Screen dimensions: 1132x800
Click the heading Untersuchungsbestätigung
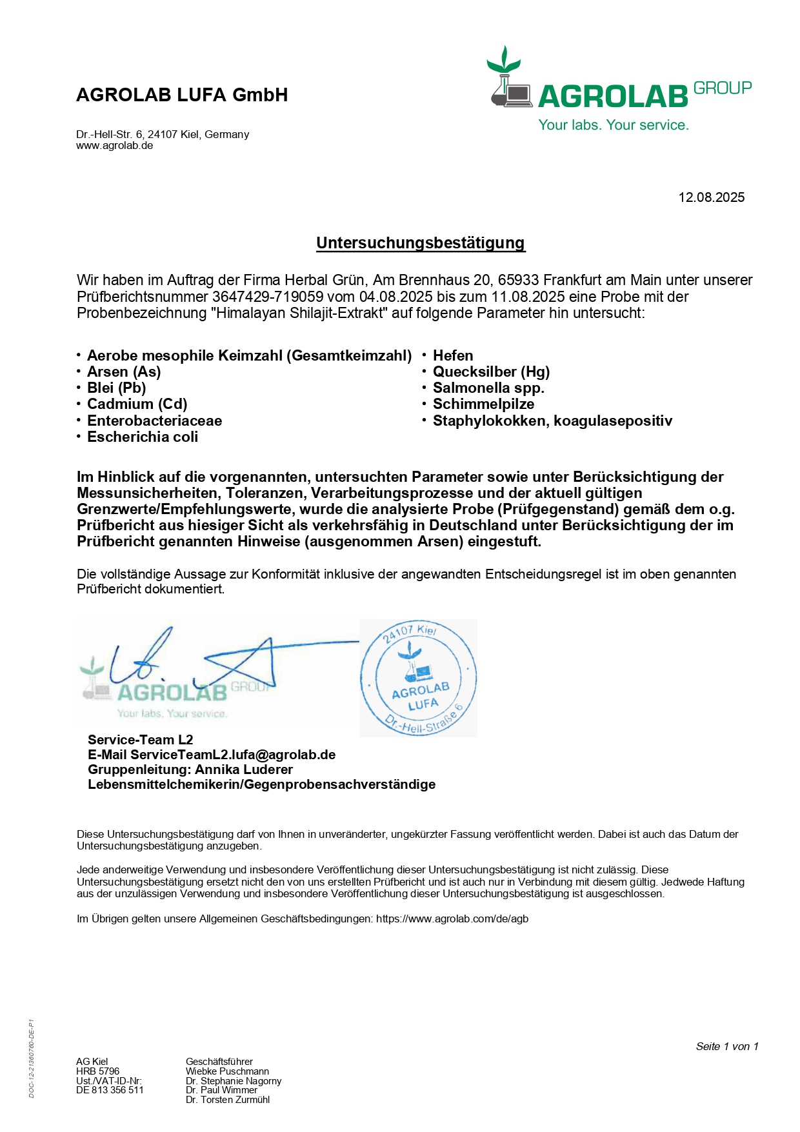pos(420,243)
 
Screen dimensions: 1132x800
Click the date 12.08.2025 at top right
pos(711,197)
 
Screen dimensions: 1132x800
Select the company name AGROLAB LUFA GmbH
pos(182,95)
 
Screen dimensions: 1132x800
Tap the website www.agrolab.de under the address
pos(114,146)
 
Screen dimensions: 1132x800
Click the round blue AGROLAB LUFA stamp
pos(418,678)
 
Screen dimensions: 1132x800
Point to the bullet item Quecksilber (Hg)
pos(491,372)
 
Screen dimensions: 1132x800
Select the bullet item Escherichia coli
pos(143,437)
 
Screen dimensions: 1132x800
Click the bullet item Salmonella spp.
pos(488,388)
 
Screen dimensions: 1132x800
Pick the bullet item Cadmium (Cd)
pos(137,404)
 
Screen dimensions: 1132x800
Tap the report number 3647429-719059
pos(268,297)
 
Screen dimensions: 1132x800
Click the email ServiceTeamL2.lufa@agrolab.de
pos(233,755)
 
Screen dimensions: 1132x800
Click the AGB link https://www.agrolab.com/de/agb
pos(452,919)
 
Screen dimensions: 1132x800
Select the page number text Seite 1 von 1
pos(726,1046)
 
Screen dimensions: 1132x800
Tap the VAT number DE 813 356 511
pos(110,1090)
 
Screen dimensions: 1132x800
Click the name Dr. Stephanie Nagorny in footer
pos(234,1081)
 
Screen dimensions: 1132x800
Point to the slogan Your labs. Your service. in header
pos(614,125)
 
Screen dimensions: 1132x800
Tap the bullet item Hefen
pos(453,356)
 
